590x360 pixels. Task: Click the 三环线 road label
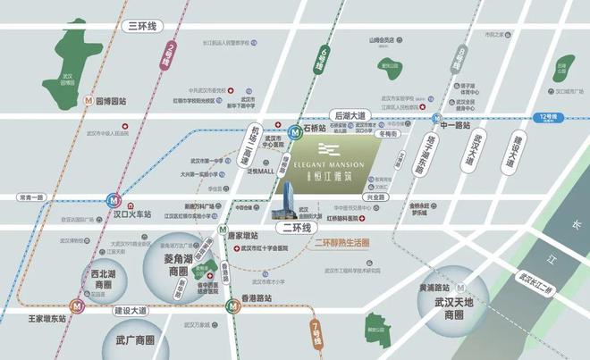click(142, 28)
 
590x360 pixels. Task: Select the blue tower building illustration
click(291, 200)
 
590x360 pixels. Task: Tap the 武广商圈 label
click(135, 340)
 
